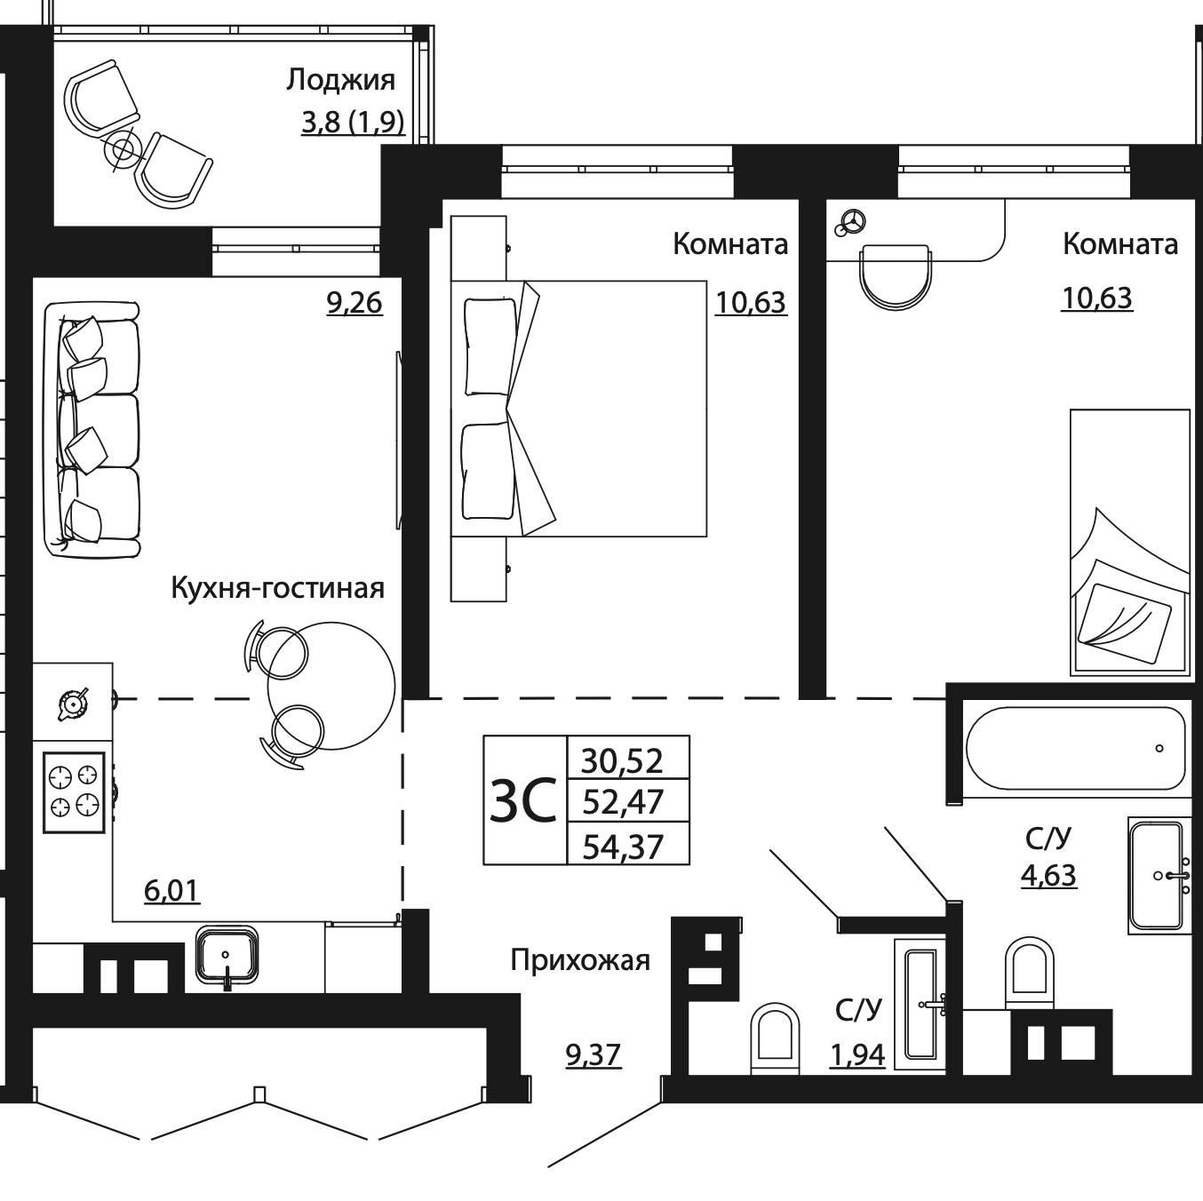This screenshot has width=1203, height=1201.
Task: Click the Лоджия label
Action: coord(341,81)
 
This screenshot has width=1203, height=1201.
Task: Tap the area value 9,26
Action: coord(354,303)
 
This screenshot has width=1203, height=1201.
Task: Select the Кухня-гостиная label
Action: coord(278,589)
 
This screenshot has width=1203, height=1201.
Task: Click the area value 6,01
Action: coord(171,891)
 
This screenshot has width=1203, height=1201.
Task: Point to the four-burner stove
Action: coord(74,792)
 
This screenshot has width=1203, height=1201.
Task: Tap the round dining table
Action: coord(331,686)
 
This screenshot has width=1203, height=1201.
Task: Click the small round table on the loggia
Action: coord(123,148)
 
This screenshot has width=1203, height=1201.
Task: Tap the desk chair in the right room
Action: coord(896,277)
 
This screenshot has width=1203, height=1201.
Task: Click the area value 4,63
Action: coord(1048,875)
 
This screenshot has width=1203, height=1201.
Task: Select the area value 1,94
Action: coord(857,1055)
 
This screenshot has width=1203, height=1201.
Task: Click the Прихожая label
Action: coord(580,960)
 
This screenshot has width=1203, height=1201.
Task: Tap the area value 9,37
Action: coord(594,1055)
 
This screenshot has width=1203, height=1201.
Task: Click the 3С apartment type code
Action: coord(523,799)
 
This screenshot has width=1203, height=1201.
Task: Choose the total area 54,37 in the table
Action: coord(623,847)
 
